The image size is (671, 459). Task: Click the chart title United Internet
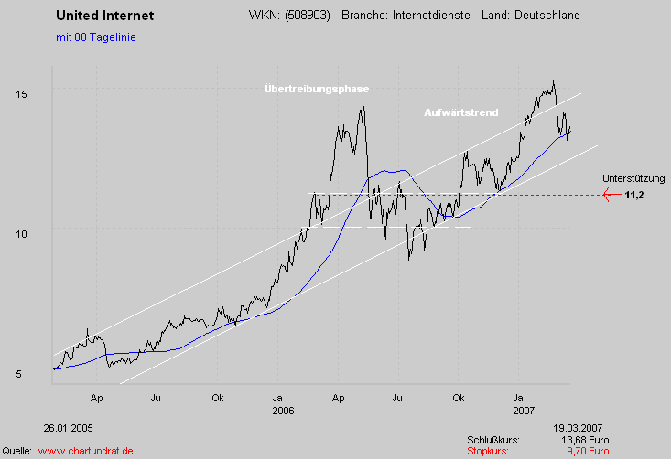[105, 16]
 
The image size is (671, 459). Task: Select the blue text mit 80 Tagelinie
[96, 37]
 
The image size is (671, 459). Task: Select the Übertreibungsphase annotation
[316, 89]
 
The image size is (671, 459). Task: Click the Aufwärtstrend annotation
[461, 112]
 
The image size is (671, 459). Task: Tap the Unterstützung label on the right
[635, 178]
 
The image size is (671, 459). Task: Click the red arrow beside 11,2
[611, 195]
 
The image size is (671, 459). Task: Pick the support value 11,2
[634, 195]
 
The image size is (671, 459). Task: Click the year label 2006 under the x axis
[283, 411]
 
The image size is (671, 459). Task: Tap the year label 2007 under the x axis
[524, 411]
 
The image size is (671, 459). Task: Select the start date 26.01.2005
[68, 427]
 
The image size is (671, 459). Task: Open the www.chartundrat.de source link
[86, 451]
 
